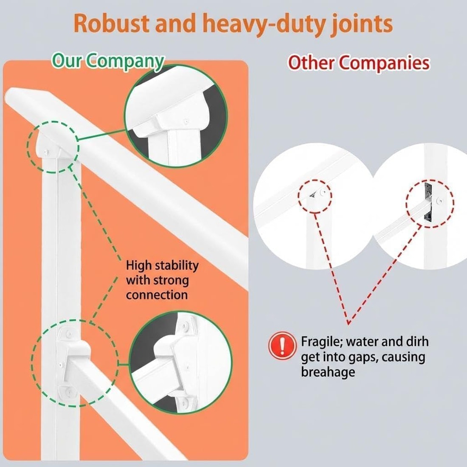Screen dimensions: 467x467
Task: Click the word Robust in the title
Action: (111, 23)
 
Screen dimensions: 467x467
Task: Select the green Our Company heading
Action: (108, 62)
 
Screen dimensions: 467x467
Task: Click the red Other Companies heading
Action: (359, 63)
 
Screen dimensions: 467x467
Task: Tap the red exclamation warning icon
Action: (282, 346)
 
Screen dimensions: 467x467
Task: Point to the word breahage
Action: (328, 372)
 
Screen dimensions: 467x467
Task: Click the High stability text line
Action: (162, 265)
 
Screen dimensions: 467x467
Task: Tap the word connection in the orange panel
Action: (157, 295)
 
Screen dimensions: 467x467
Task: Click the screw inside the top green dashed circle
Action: (46, 152)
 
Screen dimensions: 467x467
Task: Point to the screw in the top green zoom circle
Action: (186, 121)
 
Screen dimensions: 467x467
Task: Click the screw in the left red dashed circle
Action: (322, 193)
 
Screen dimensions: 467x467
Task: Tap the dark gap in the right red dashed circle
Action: (428, 203)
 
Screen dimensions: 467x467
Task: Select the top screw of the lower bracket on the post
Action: (68, 333)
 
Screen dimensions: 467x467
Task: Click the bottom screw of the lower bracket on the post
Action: (68, 392)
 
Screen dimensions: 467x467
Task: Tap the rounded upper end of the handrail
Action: (12, 95)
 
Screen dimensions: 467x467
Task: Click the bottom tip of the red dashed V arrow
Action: (348, 324)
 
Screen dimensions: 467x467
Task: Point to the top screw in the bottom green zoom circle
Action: (185, 326)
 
